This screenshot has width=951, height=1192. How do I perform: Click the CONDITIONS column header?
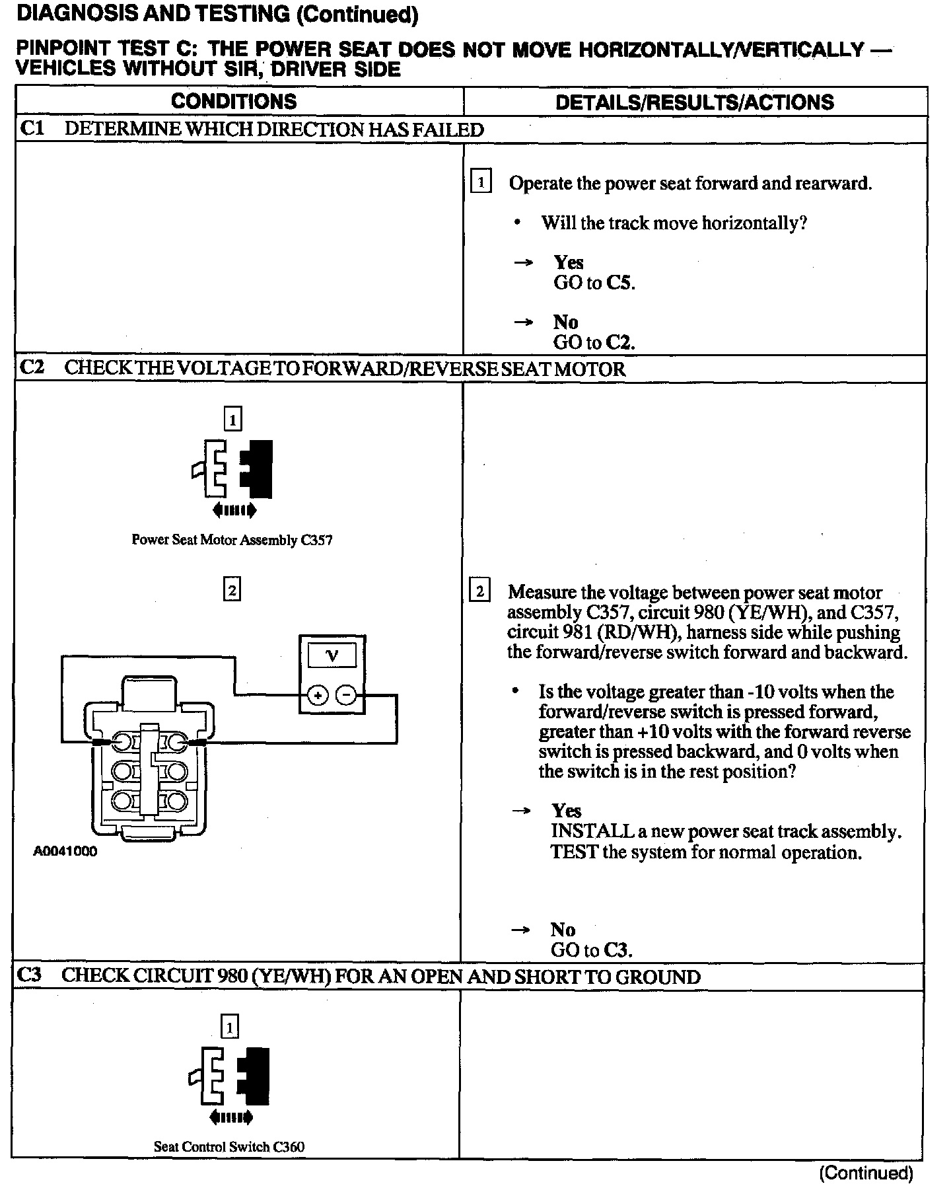coord(234,101)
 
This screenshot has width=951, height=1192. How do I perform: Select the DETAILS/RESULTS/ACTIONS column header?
coord(694,102)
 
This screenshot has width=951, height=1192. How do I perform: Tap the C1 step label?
coord(32,128)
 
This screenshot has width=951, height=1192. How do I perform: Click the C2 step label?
coord(32,367)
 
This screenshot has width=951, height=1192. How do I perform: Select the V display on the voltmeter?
coord(332,655)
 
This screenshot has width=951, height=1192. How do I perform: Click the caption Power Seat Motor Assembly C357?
coord(232,540)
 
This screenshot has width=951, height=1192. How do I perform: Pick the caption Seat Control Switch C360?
coord(229,1147)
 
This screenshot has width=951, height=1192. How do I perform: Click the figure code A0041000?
coord(65,852)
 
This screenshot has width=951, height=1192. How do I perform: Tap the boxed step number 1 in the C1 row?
coord(480,182)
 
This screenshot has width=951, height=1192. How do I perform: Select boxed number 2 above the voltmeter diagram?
coord(232,589)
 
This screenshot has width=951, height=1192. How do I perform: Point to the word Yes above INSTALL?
coord(566,811)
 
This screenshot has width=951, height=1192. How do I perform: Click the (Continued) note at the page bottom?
coord(866,1173)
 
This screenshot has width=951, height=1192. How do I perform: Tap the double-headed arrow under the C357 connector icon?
coord(234,509)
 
